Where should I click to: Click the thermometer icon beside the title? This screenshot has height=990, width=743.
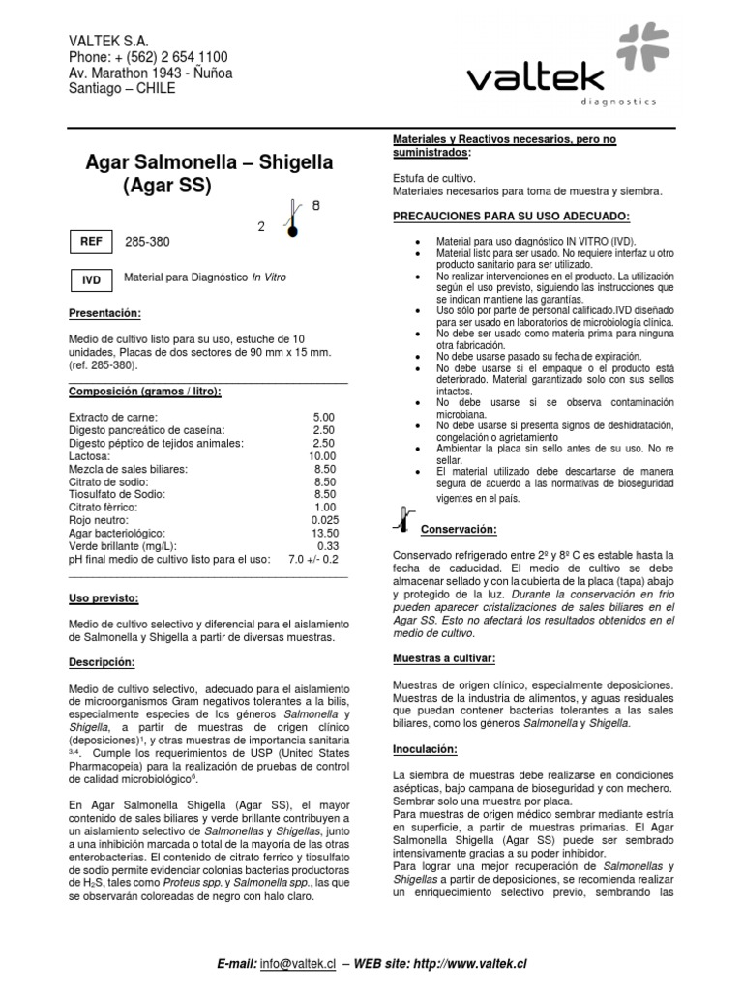tap(290, 217)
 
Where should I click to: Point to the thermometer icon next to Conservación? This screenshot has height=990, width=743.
tap(404, 518)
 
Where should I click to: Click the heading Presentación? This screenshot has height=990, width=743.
tap(104, 314)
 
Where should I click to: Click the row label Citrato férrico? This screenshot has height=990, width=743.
tap(105, 507)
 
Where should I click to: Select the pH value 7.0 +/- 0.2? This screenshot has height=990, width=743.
tap(312, 559)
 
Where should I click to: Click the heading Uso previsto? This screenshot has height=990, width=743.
tap(104, 598)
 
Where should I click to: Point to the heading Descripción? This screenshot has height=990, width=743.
tap(103, 662)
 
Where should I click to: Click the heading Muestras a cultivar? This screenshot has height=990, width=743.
tap(443, 657)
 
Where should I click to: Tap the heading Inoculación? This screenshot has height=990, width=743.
tap(427, 748)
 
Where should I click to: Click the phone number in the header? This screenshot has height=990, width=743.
tap(148, 57)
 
